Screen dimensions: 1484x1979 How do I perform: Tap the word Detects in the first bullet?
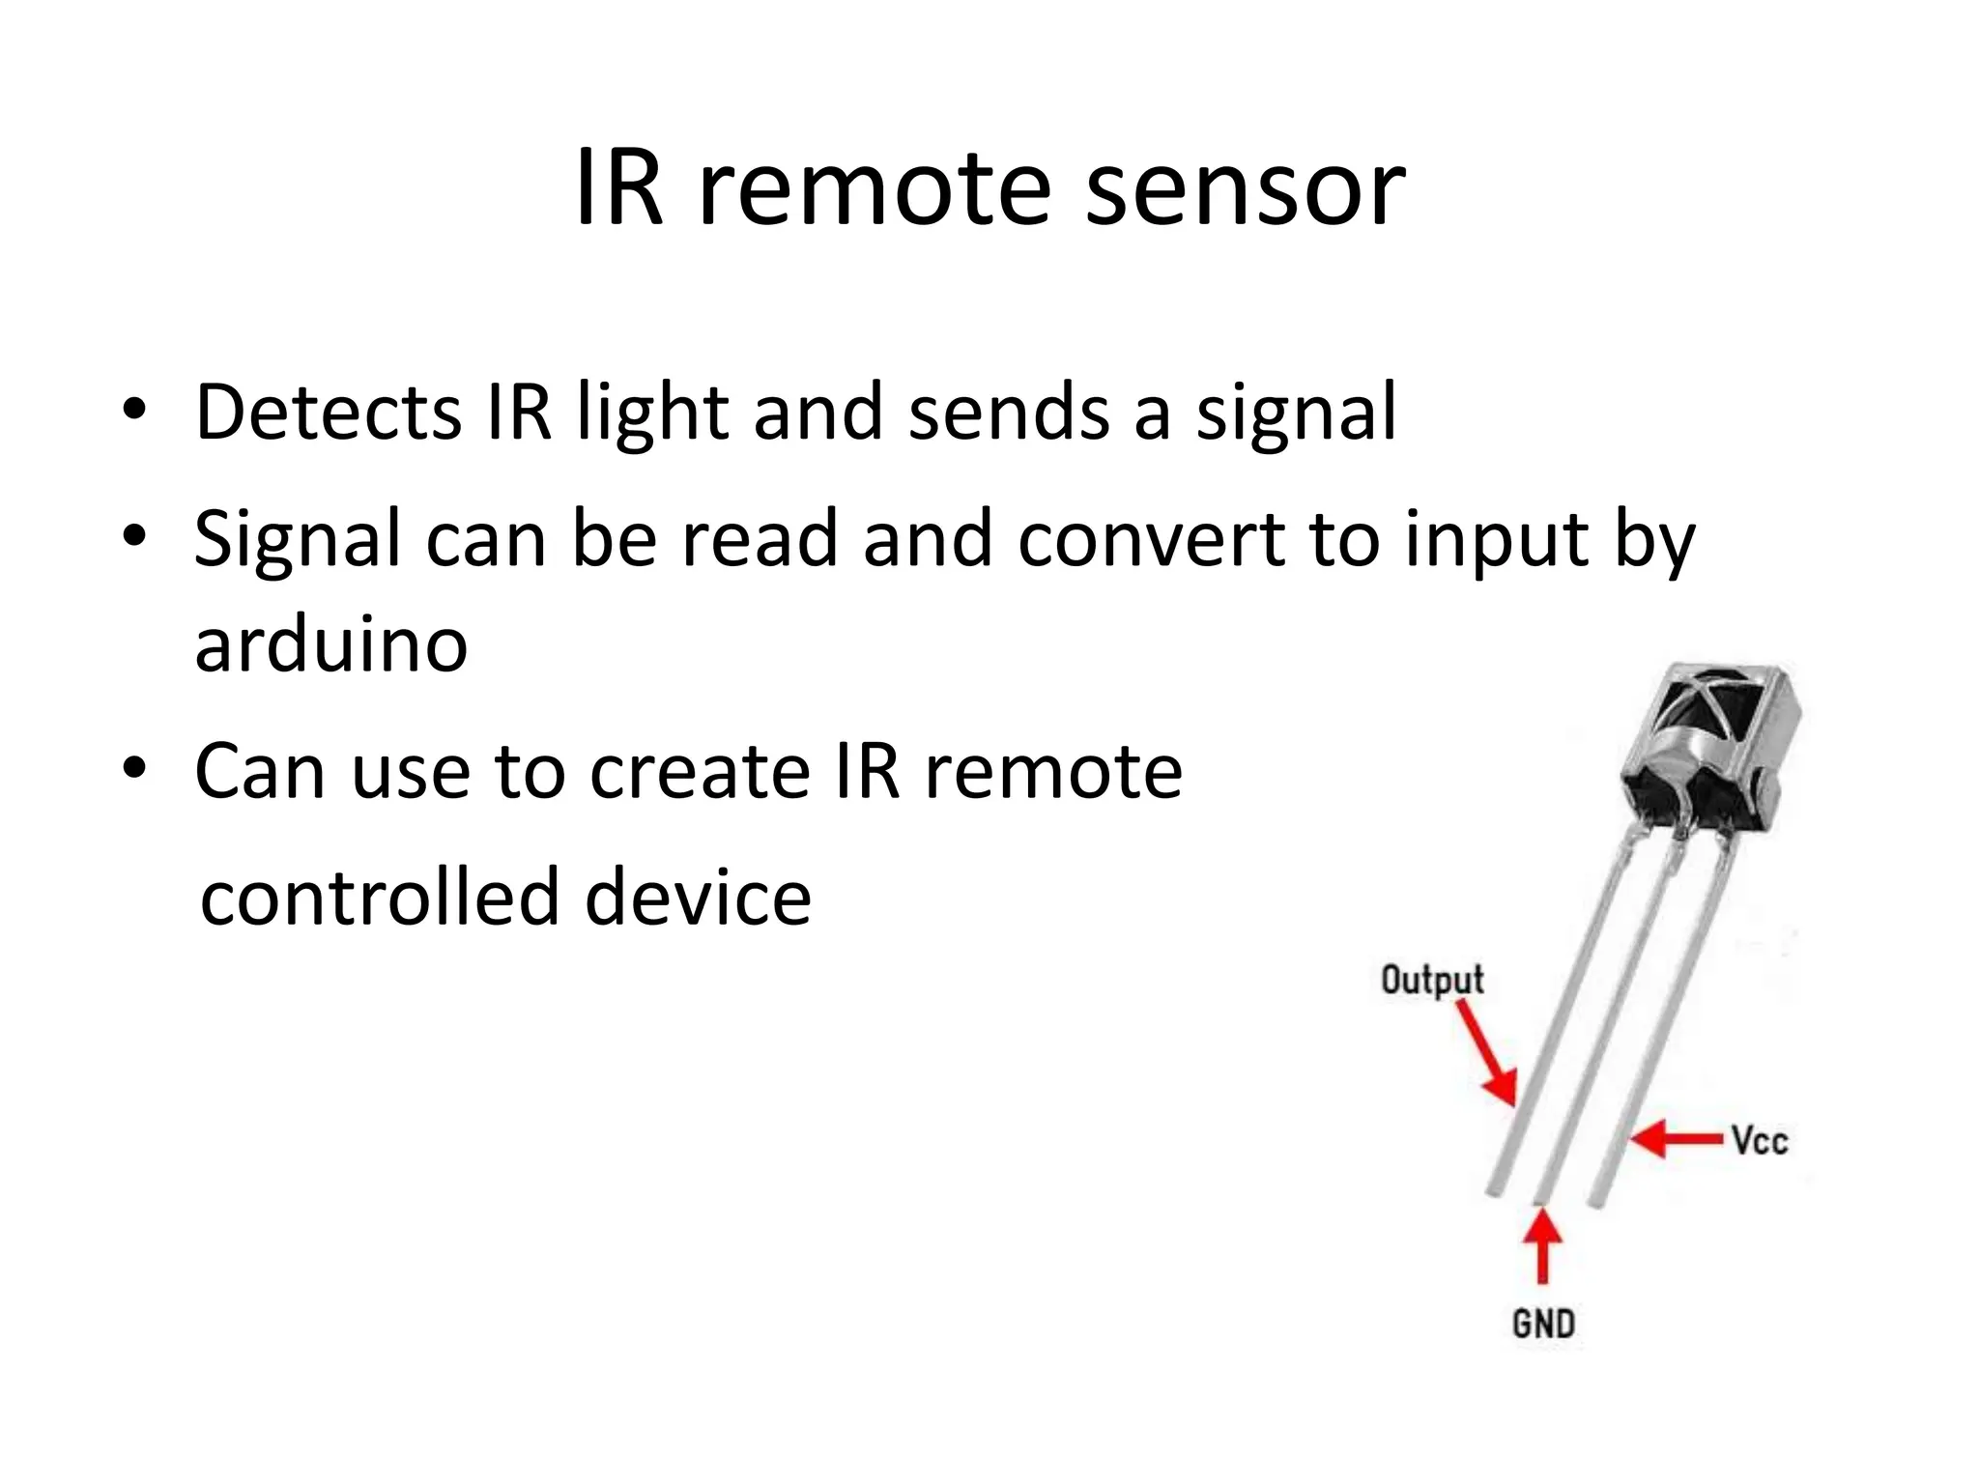pyautogui.click(x=329, y=413)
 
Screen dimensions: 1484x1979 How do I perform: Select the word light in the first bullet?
pyautogui.click(x=651, y=413)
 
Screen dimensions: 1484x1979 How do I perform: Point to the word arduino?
pyautogui.click(x=330, y=644)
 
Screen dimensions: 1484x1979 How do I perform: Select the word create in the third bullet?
pyautogui.click(x=700, y=772)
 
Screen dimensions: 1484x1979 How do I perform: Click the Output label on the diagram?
pyautogui.click(x=1432, y=980)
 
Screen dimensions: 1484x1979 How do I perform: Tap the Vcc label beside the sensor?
pyautogui.click(x=1760, y=1141)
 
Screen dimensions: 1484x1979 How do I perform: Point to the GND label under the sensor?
pyautogui.click(x=1543, y=1324)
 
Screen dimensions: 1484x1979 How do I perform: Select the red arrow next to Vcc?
pyautogui.click(x=1678, y=1138)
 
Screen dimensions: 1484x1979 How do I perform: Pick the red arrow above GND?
pyautogui.click(x=1543, y=1246)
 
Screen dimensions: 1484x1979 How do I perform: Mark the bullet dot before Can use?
pyautogui.click(x=134, y=769)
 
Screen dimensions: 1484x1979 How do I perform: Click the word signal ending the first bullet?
pyautogui.click(x=1297, y=413)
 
